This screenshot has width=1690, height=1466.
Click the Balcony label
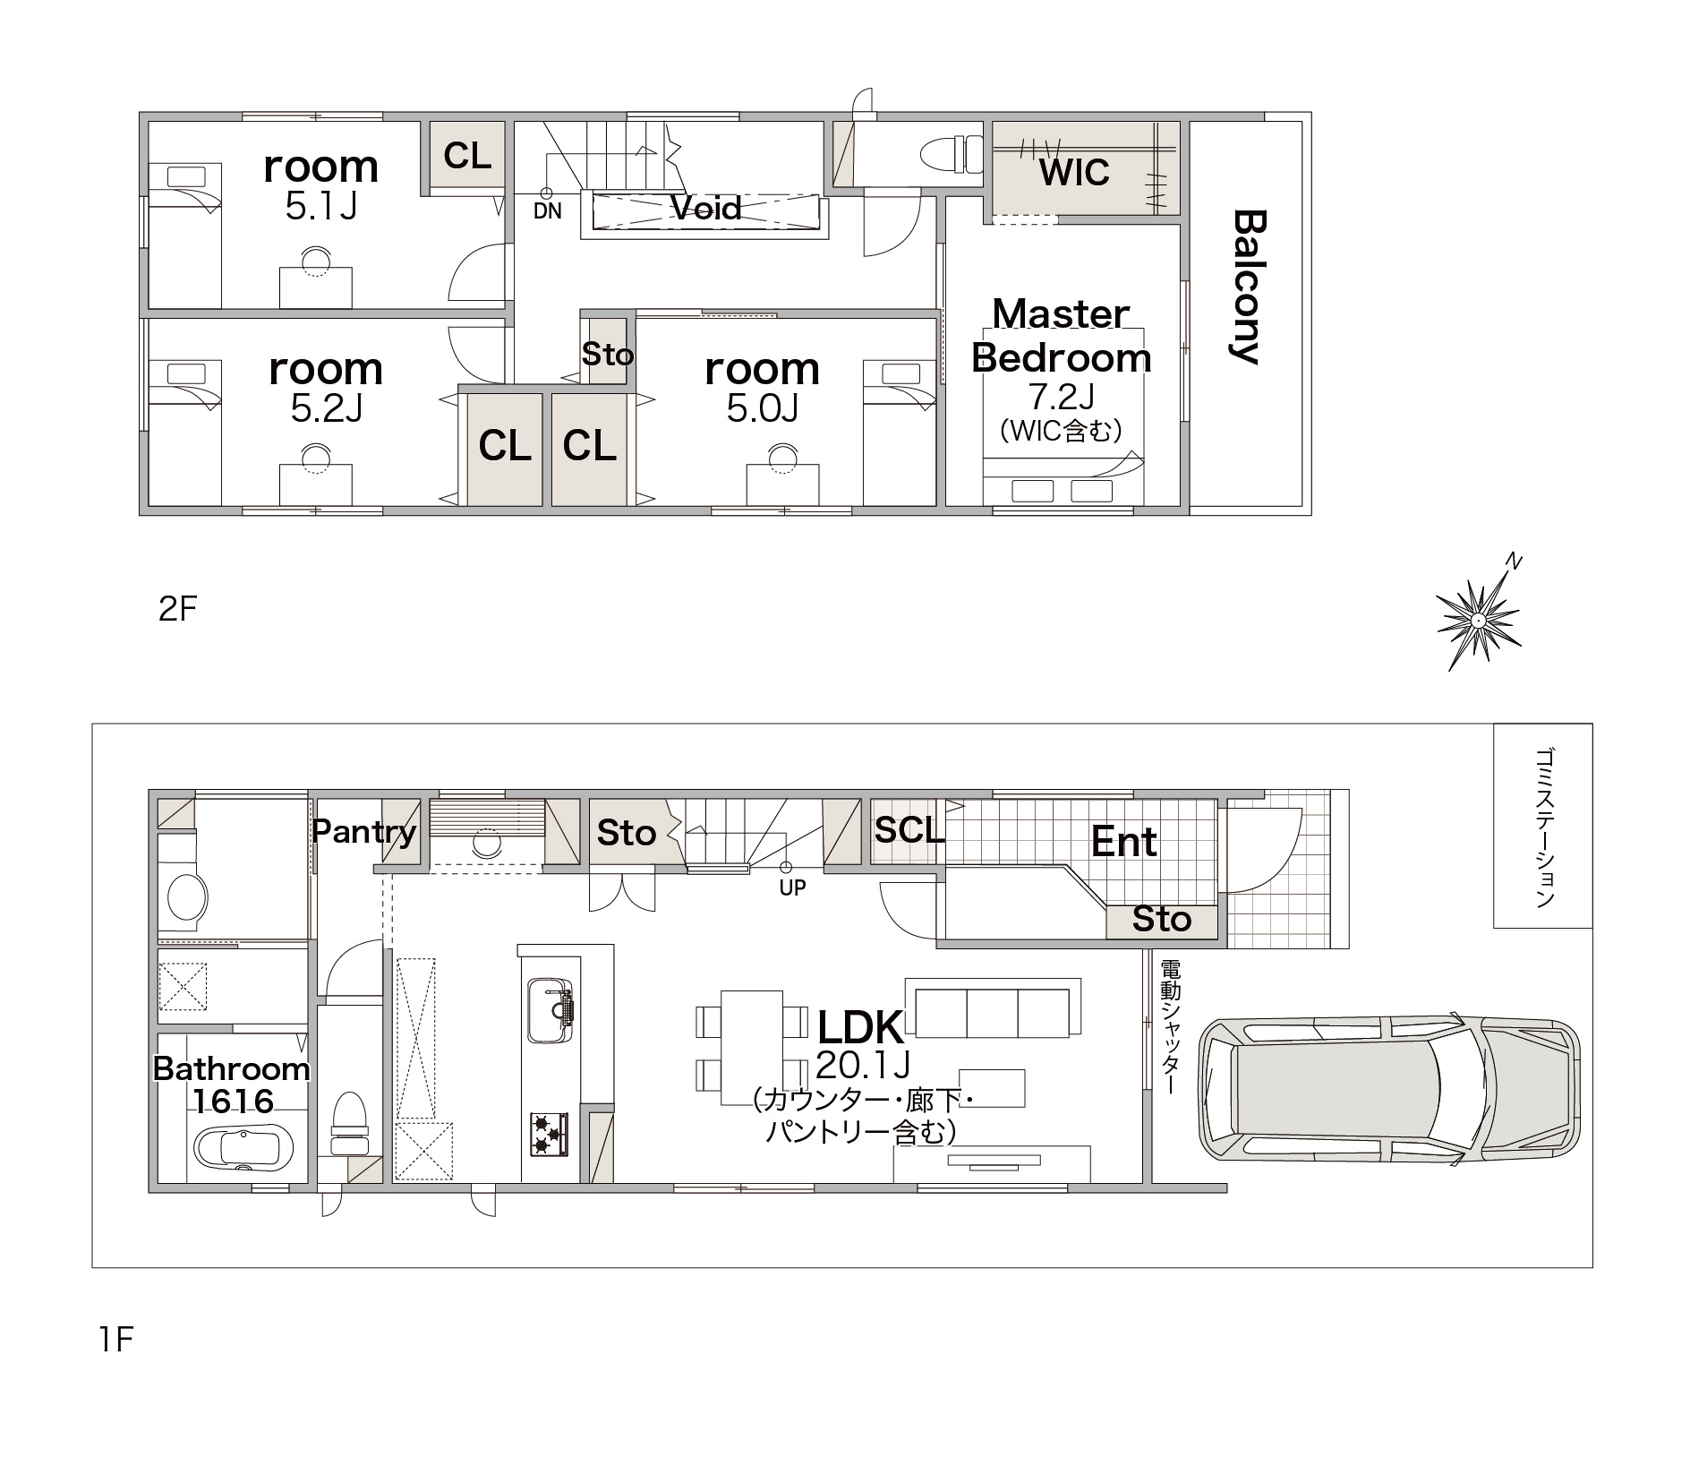point(1248,287)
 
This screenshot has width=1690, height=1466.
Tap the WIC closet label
point(1074,172)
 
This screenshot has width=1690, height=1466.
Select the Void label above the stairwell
point(706,209)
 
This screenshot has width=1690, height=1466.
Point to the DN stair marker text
point(548,212)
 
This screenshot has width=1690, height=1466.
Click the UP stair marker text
point(792,887)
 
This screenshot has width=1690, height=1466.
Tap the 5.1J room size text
point(321,207)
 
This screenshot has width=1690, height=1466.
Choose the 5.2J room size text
point(327,408)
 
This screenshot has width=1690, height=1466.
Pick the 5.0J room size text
point(762,408)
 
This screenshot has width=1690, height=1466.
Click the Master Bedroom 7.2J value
point(1061,396)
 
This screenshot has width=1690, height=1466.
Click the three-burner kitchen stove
point(550,1134)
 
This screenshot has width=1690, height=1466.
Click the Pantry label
point(364,832)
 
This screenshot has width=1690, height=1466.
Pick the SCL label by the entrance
point(909,830)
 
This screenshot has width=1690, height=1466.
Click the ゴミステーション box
point(1542,826)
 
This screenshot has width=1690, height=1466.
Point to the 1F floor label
point(115,1340)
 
